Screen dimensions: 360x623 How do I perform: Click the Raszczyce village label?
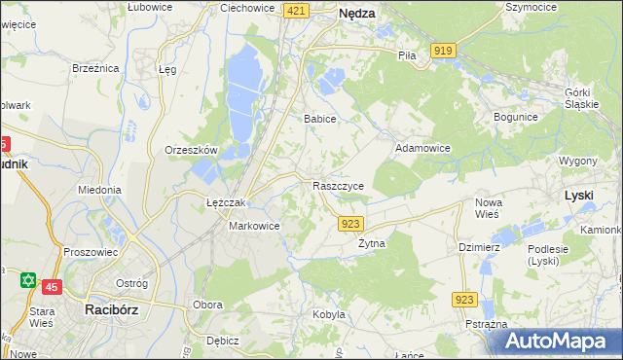(339, 185)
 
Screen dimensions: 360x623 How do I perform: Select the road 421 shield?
(297, 10)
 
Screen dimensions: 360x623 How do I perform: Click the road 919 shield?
(444, 51)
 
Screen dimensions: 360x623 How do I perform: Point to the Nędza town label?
(356, 14)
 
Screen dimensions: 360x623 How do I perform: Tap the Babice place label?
(319, 119)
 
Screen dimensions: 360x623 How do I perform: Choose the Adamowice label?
(421, 149)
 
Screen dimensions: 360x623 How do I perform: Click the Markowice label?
(254, 226)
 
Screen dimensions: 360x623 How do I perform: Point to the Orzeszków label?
(190, 151)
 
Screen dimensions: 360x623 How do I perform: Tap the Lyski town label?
(578, 196)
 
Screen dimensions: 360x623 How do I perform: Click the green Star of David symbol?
(27, 280)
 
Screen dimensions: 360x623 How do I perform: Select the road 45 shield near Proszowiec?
(52, 286)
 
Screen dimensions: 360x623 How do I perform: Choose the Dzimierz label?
(479, 247)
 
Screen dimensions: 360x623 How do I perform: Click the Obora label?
(207, 305)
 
